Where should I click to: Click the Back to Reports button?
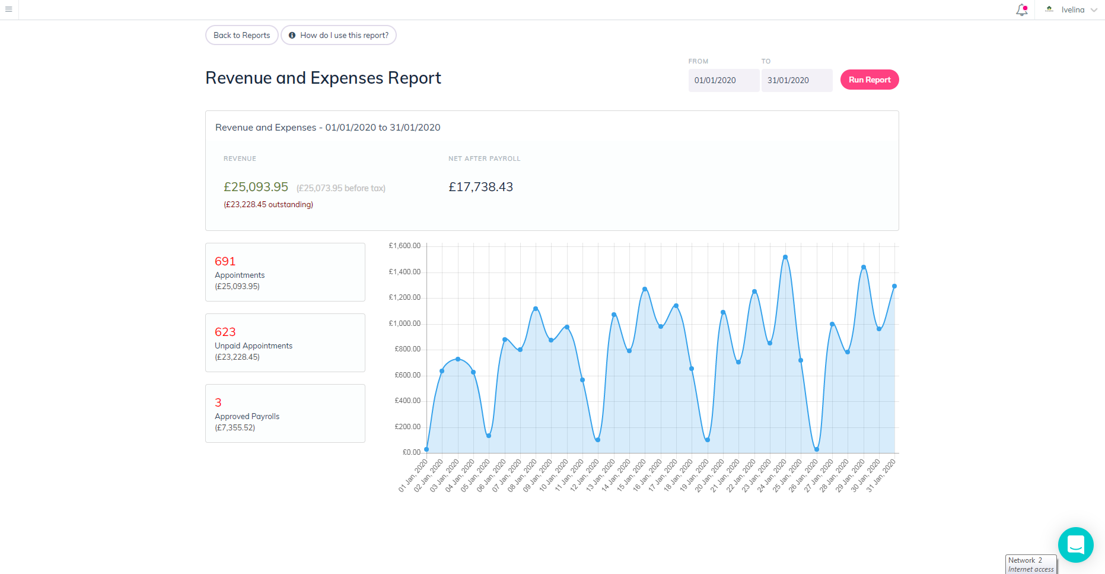click(241, 35)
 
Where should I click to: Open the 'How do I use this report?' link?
click(339, 35)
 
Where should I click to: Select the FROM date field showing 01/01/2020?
click(724, 80)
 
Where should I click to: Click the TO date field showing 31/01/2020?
click(797, 80)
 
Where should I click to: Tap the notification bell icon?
click(1022, 9)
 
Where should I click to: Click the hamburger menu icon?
click(8, 9)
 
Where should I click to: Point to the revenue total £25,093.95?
click(256, 187)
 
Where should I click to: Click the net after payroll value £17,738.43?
click(480, 187)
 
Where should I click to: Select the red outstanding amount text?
click(268, 204)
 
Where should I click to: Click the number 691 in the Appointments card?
click(225, 261)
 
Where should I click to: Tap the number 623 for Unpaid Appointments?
click(225, 332)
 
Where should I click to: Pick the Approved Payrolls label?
click(247, 416)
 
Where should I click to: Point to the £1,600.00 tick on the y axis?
click(405, 246)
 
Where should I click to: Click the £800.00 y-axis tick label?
click(407, 349)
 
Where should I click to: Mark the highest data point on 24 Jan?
click(785, 257)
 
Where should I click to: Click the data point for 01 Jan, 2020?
click(426, 449)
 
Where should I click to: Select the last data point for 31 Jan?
click(894, 286)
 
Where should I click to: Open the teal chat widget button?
click(1075, 544)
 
